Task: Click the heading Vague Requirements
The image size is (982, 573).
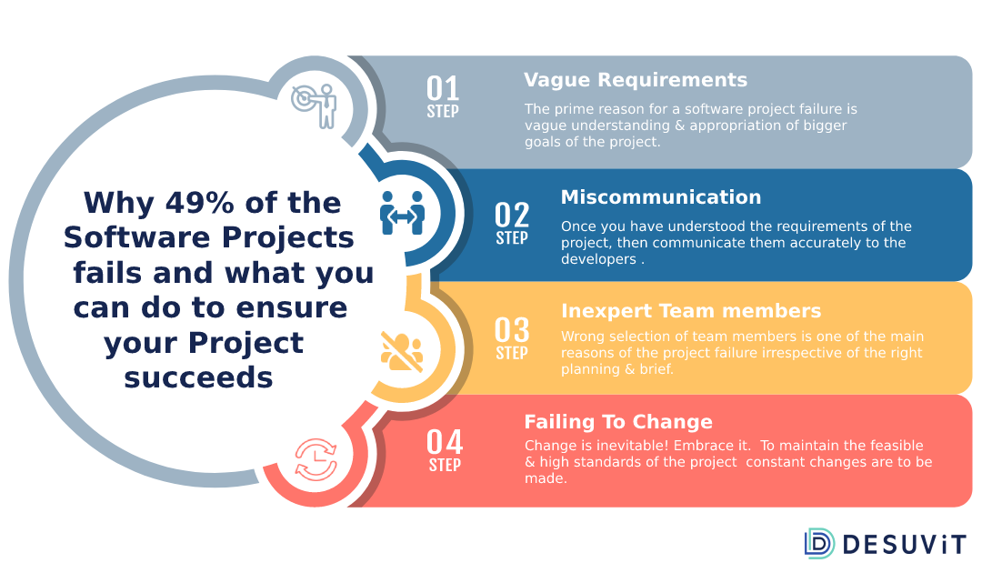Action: tap(635, 80)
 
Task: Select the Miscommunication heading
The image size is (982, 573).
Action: tap(661, 197)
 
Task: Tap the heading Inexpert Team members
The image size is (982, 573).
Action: tap(691, 311)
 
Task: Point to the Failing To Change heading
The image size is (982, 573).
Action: tap(618, 422)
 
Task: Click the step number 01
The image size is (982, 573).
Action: tap(443, 88)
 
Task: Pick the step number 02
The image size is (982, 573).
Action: tap(512, 215)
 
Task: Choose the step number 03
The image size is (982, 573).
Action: tap(512, 329)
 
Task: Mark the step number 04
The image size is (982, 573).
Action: tap(445, 442)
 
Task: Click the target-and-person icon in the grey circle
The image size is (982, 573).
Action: tap(314, 106)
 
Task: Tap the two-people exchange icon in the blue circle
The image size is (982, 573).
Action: tap(402, 214)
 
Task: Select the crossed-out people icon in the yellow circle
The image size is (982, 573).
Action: tap(402, 351)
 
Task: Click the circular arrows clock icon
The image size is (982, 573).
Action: tap(316, 460)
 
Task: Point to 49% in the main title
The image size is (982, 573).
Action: tap(200, 203)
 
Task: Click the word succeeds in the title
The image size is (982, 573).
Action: tap(198, 377)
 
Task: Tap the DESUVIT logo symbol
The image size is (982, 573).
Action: tap(819, 544)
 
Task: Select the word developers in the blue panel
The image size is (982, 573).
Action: tap(598, 259)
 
